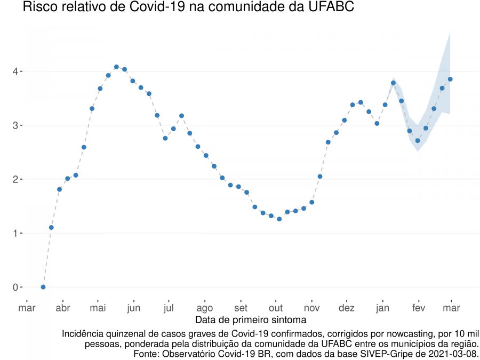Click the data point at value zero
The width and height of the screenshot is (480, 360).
[43, 287]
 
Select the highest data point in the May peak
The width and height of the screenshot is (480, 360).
[116, 67]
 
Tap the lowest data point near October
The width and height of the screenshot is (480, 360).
[279, 219]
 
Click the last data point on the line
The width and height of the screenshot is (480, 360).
[450, 79]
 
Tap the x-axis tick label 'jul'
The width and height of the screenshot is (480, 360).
[169, 308]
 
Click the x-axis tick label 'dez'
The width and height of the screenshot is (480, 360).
[347, 308]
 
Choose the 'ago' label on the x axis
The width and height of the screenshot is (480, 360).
[205, 308]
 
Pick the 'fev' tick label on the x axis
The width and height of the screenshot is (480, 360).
[418, 308]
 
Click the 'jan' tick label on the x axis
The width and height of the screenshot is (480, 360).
[382, 308]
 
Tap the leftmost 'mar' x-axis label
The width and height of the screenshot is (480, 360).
[27, 308]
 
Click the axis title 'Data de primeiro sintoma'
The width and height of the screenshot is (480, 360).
[251, 320]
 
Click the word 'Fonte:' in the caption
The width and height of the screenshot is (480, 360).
[146, 354]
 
